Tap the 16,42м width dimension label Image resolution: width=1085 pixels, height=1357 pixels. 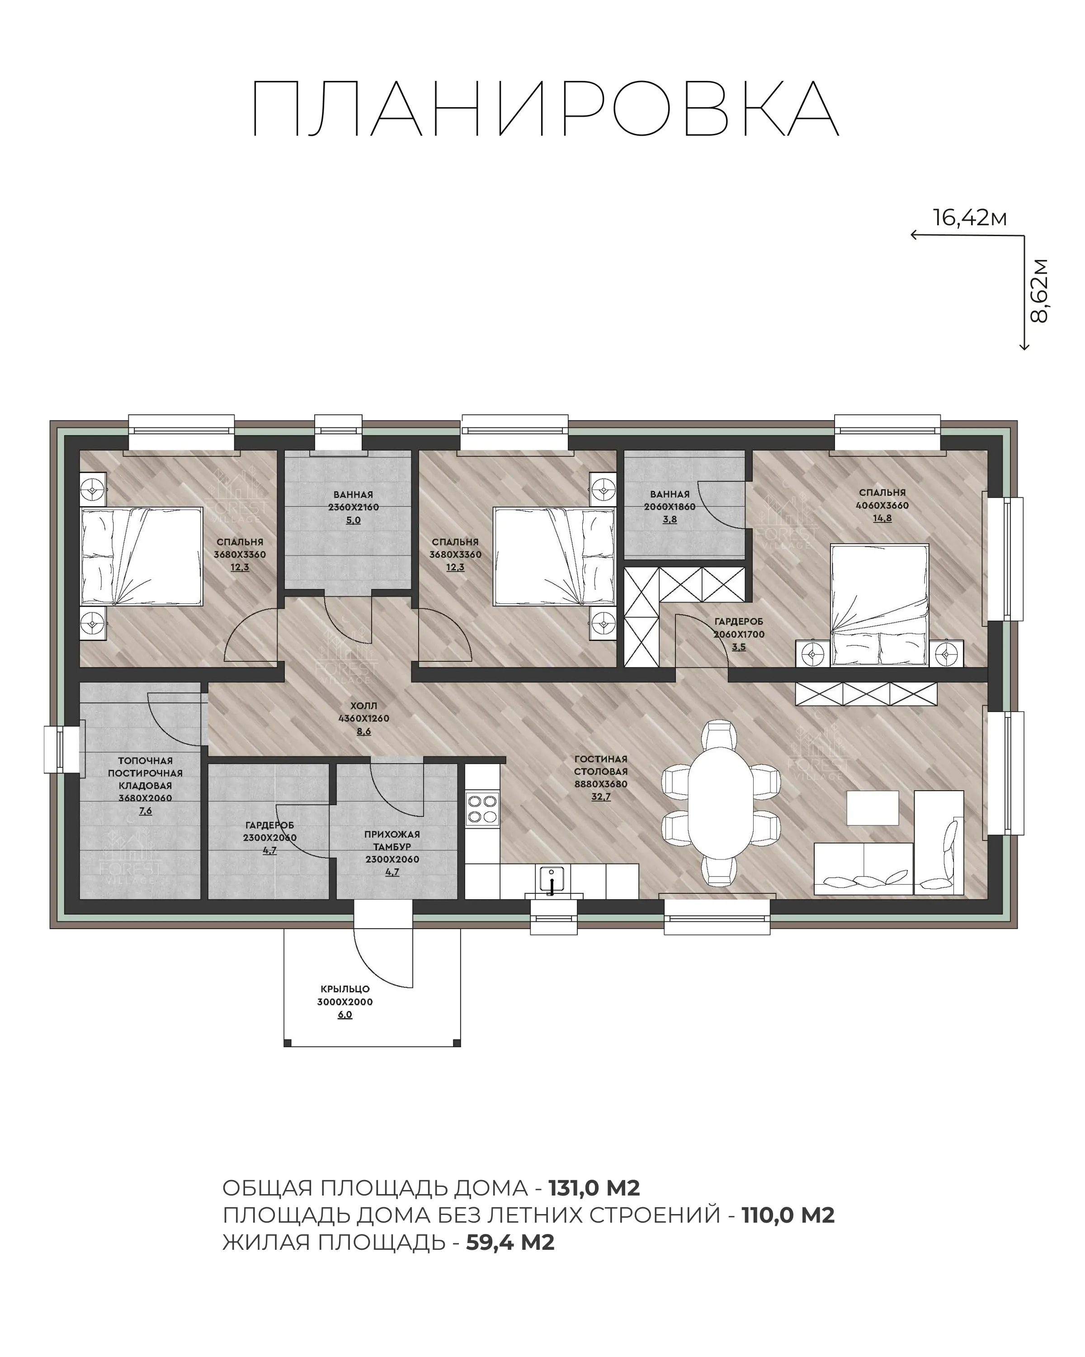pos(969,218)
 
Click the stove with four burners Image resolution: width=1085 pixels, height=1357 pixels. pos(482,809)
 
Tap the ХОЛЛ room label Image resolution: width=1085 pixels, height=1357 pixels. pos(363,706)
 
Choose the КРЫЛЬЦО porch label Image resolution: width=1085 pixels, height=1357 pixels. pos(344,989)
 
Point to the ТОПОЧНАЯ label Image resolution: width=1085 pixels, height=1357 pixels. pos(145,760)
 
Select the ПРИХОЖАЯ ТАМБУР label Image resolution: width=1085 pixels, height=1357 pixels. pos(392,840)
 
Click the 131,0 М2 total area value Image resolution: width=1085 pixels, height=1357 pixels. pos(594,1188)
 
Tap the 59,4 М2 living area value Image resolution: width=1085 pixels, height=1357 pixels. pos(510,1243)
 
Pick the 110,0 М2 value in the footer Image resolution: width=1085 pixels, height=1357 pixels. pos(788,1215)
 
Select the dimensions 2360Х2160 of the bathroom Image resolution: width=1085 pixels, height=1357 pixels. pos(354,507)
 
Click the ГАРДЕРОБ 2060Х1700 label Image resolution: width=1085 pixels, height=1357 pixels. pos(739,627)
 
